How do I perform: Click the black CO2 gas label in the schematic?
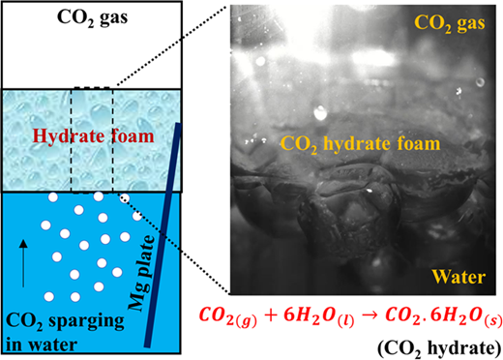[92, 17]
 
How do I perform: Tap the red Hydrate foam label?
[93, 135]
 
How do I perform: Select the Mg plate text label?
[141, 273]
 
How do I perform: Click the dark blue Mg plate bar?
[163, 235]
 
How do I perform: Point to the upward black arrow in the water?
[23, 263]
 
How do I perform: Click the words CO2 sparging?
[65, 321]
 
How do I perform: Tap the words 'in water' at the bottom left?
[42, 345]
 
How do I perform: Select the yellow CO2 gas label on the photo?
[449, 23]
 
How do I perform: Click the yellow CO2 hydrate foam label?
[360, 143]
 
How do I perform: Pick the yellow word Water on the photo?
[459, 277]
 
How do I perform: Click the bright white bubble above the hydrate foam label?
[320, 112]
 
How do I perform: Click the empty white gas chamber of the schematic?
[92, 55]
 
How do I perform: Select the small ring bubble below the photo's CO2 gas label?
[480, 82]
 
